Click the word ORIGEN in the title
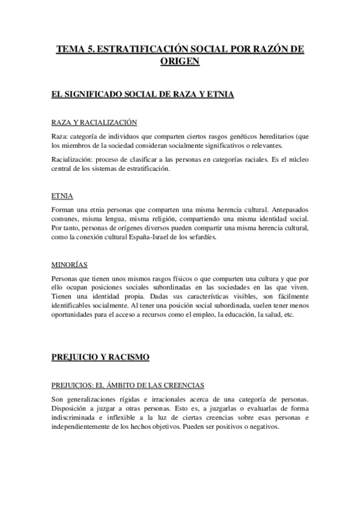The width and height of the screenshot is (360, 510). pos(180,62)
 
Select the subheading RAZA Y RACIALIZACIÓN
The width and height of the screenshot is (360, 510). pos(94,123)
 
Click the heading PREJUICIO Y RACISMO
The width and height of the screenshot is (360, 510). pos(100,357)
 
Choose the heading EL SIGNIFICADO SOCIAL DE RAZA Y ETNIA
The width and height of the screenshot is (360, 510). pos(143,95)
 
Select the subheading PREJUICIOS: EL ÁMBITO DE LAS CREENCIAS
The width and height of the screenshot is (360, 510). pos(128,385)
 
